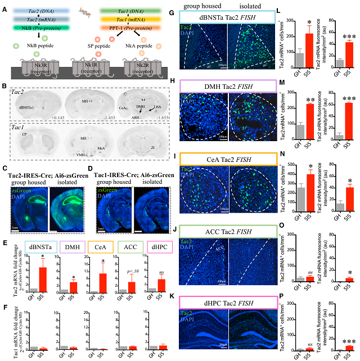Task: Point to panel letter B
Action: pyautogui.click(x=4, y=85)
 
